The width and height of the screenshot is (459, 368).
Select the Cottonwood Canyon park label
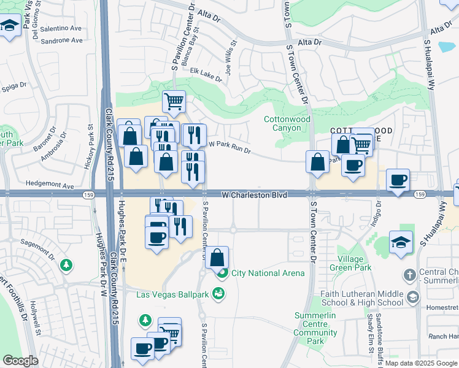pos(282,123)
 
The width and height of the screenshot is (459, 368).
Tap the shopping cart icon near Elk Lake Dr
pos(174,101)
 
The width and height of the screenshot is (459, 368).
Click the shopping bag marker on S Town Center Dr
pos(318,162)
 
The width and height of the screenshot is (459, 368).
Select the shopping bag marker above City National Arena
pos(217,257)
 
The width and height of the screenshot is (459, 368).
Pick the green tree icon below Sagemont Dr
pos(66,266)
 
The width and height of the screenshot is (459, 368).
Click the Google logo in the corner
pos(20,361)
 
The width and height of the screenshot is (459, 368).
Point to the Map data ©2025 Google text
pos(420,362)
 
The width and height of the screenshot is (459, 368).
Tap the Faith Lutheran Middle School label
pos(365,297)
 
